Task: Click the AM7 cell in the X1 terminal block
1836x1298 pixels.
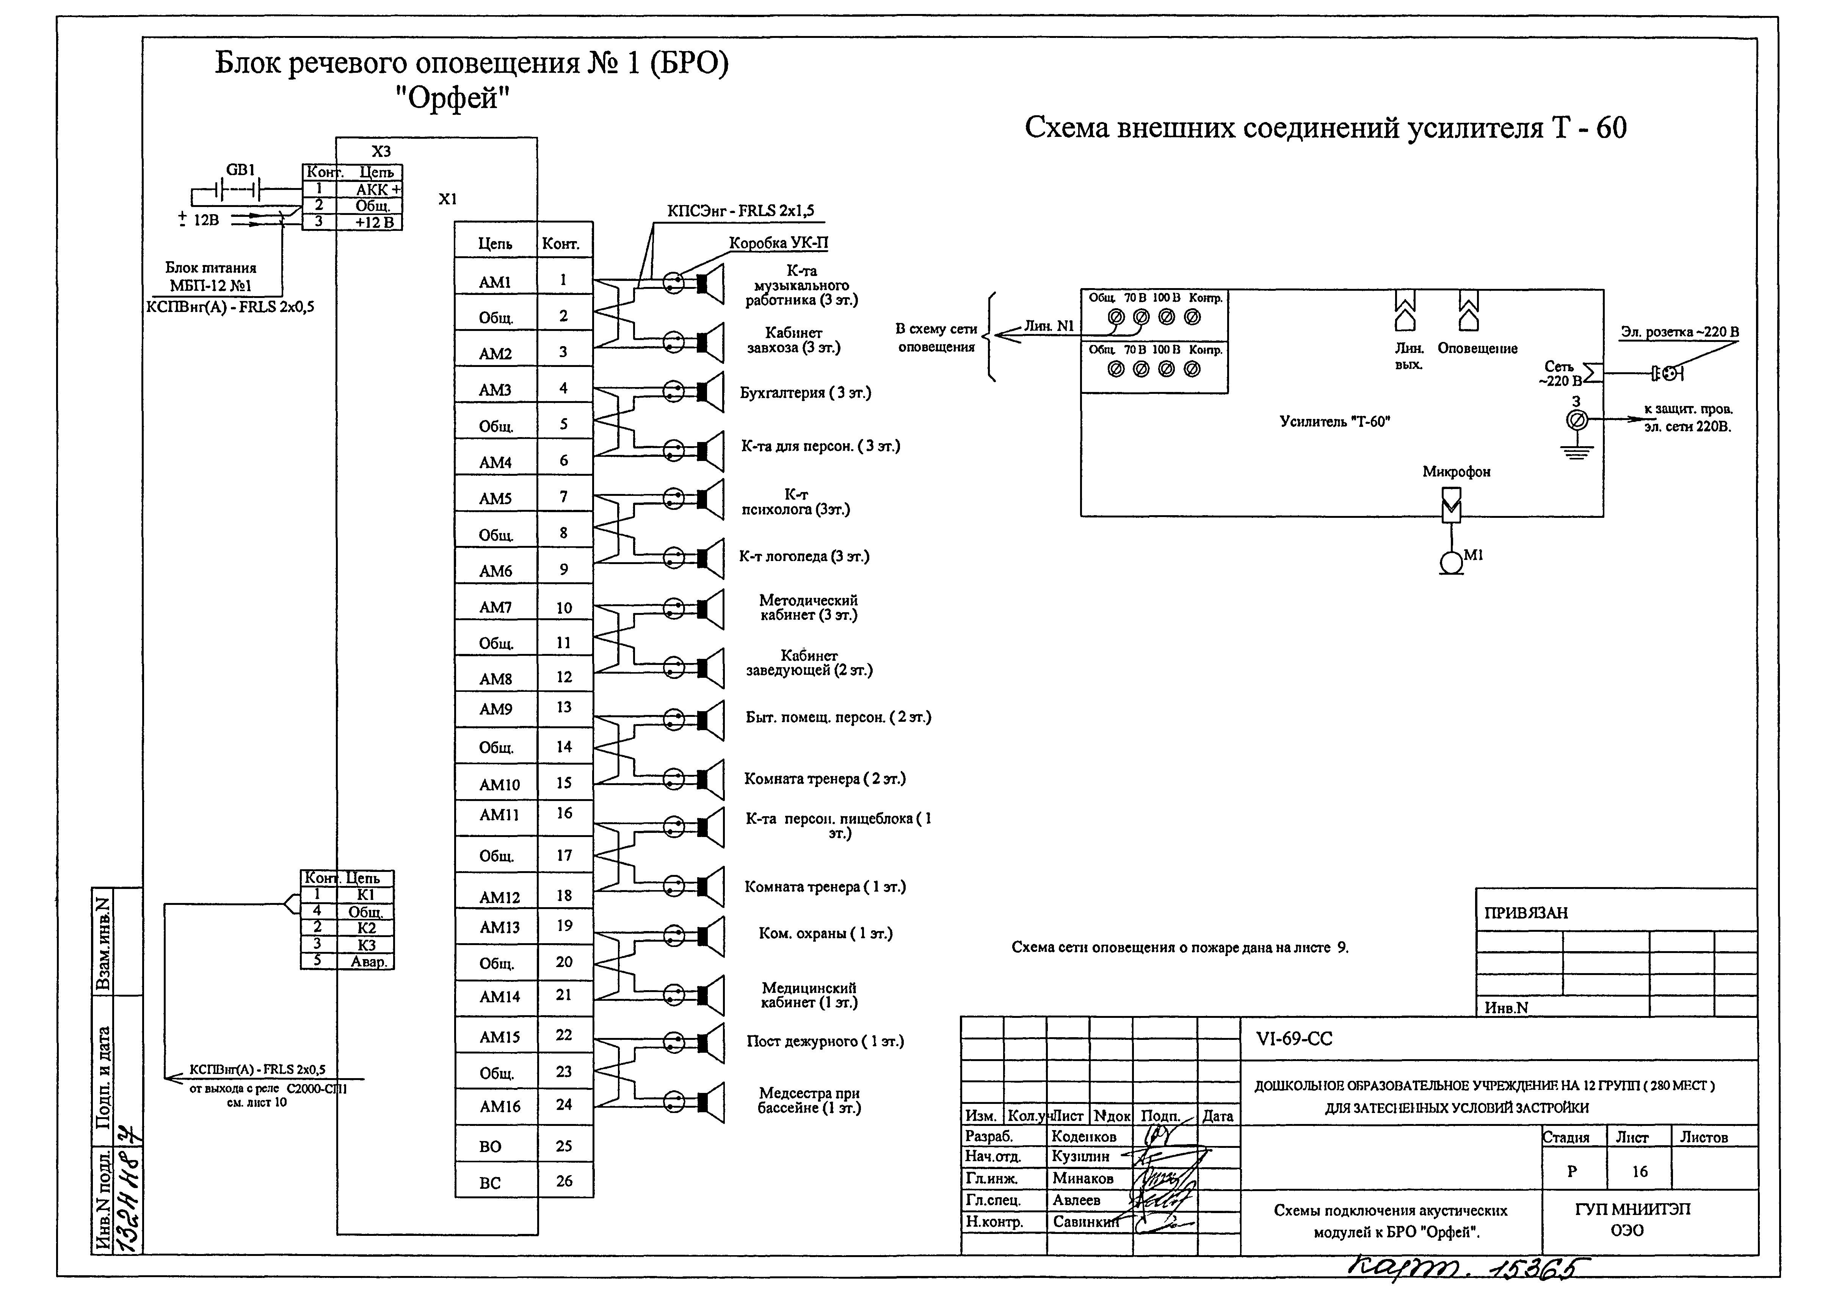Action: point(495,607)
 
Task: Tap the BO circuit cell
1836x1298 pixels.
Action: point(490,1146)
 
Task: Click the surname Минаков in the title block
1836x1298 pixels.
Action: point(1083,1178)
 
